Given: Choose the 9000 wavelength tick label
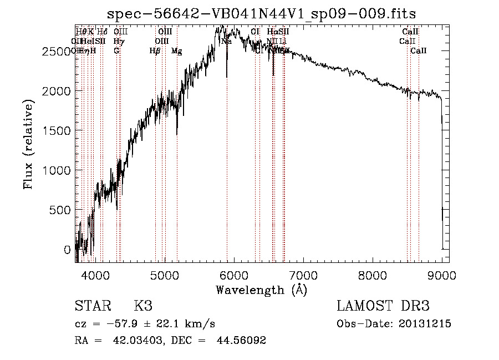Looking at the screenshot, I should tap(441, 274).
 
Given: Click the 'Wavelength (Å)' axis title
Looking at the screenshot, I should tap(261, 290).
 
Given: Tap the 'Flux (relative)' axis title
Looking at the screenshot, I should tap(28, 144).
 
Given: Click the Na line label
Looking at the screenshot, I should tap(226, 41).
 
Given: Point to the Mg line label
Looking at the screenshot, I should tap(176, 51).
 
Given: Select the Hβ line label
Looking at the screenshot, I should tap(155, 51).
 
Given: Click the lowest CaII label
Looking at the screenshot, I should tap(419, 51).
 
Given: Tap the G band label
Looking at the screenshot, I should tap(116, 51).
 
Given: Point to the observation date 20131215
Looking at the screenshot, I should tap(427, 324).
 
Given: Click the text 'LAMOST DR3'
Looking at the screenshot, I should tap(383, 306).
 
